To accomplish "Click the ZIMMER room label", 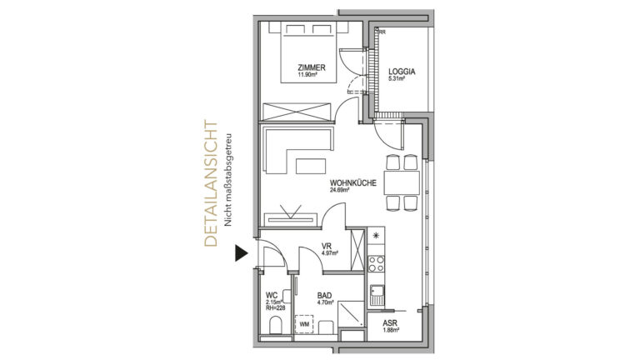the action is (312, 67).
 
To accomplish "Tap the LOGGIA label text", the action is (402, 72).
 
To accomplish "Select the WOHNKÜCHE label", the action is (353, 183).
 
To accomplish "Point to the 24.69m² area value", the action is (340, 190).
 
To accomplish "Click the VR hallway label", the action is (326, 246).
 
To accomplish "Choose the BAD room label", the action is (324, 296).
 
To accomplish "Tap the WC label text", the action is (272, 295).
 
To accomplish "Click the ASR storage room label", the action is (390, 323).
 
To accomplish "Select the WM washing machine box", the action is (304, 324).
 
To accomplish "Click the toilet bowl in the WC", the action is (276, 325).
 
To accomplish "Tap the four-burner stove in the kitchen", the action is (376, 263).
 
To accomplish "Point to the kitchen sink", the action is (377, 295).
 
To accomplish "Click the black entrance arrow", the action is (241, 253).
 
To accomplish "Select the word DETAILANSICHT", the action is (211, 183).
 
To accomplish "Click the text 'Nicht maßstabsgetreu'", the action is (227, 180).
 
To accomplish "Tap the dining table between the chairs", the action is (402, 182).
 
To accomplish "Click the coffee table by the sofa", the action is (311, 166).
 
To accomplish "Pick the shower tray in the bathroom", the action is (351, 314).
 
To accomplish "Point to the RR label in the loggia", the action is (382, 32).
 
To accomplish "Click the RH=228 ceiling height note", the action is (276, 308).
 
